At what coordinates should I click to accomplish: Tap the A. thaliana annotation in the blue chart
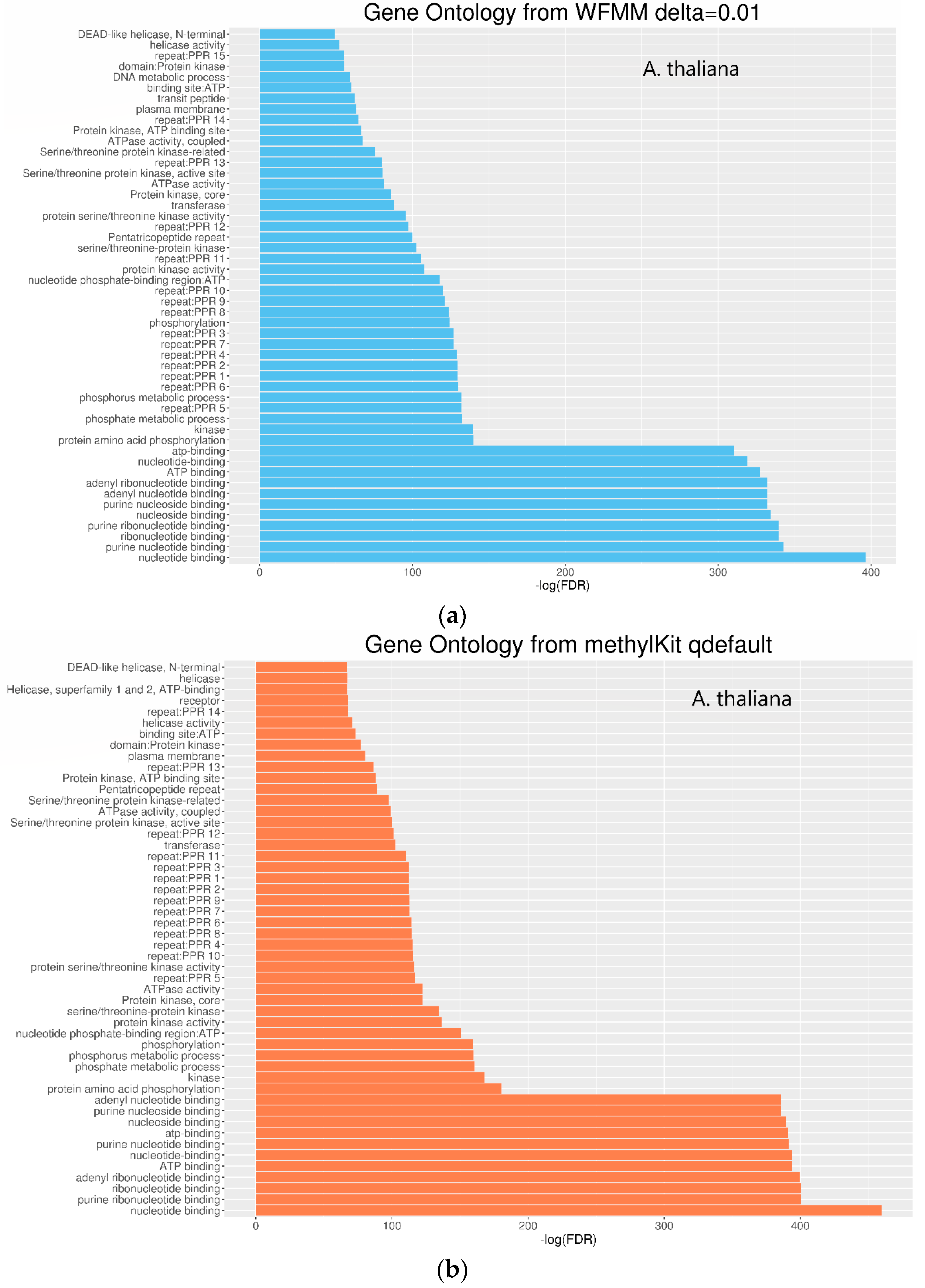coord(690,69)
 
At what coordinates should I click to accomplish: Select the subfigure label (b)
coord(452,1269)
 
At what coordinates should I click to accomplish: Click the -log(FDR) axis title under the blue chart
coord(562,586)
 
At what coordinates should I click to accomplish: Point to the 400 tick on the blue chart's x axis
coord(870,572)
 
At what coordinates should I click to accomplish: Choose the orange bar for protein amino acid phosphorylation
coord(378,1089)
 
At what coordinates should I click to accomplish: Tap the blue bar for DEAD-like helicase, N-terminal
coord(297,34)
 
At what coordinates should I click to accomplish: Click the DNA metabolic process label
coord(169,77)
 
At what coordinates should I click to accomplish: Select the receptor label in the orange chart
coord(199,701)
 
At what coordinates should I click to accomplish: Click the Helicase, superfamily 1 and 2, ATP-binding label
coord(113,689)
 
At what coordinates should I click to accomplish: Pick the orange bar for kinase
coord(370,1077)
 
